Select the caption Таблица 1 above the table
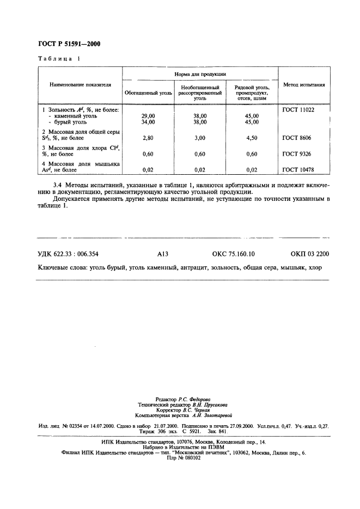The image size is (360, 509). pyautogui.click(x=58, y=59)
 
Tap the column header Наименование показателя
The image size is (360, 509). pyautogui.click(x=80, y=85)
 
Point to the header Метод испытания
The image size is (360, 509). pyautogui.click(x=304, y=85)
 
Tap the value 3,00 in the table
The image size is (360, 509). pyautogui.click(x=200, y=138)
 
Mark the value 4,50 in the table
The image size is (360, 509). pyautogui.click(x=252, y=138)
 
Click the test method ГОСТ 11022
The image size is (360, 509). pyautogui.click(x=298, y=109)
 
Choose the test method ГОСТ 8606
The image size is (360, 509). pyautogui.click(x=297, y=138)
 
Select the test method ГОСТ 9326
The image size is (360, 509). pyautogui.click(x=297, y=154)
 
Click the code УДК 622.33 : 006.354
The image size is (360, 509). pyautogui.click(x=68, y=254)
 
